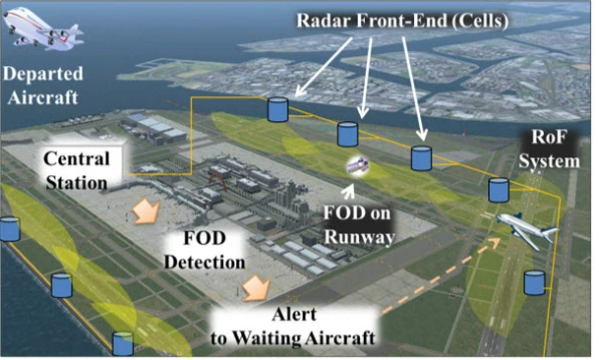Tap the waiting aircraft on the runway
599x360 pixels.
coord(525,228)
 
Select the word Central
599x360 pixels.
coord(77,159)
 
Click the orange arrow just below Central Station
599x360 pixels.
coord(147,210)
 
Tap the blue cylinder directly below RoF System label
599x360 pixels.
coord(500,189)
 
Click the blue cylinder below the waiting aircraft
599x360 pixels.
coord(534,282)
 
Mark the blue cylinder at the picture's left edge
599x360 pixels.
coord(9,229)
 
